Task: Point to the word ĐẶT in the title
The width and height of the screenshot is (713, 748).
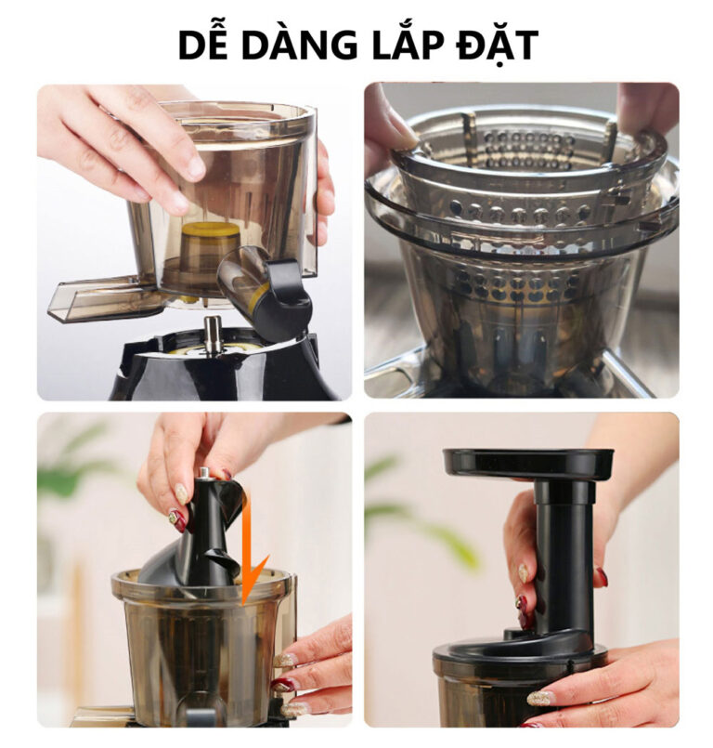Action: [498, 46]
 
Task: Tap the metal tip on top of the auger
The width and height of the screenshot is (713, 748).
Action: [205, 473]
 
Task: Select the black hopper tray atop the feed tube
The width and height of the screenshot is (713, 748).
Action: [527, 465]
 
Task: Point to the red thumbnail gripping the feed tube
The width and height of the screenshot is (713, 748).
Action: [523, 602]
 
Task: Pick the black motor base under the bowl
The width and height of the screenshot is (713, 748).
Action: [219, 367]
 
